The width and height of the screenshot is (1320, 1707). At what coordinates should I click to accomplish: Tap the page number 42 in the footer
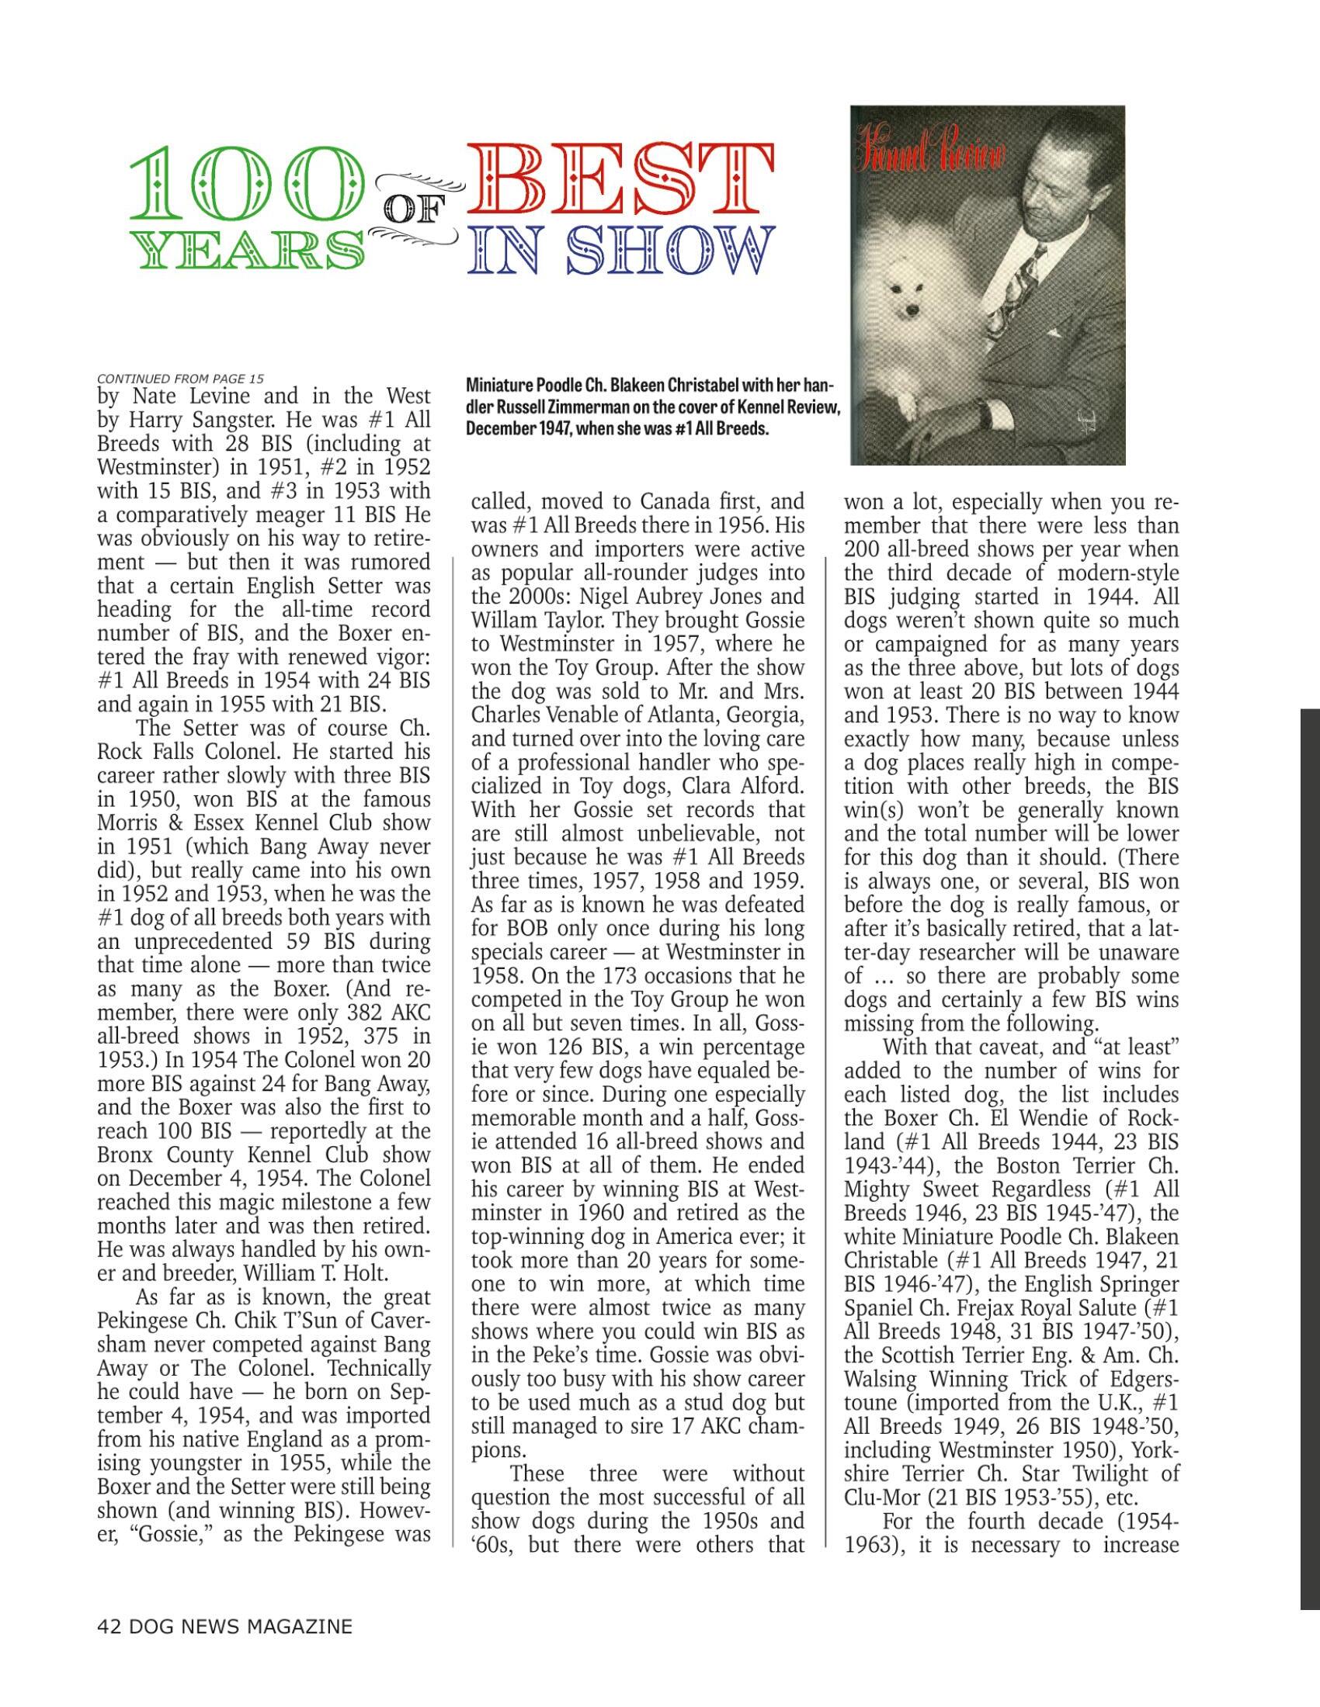(x=109, y=1626)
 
